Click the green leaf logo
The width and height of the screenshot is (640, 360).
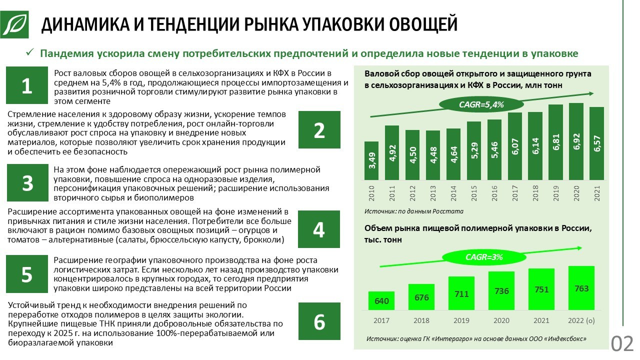click(x=14, y=23)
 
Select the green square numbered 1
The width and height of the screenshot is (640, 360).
click(x=26, y=85)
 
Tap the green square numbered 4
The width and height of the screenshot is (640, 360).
click(x=319, y=229)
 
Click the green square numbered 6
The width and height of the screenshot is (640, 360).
click(x=319, y=321)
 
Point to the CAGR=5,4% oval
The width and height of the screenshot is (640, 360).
click(x=481, y=104)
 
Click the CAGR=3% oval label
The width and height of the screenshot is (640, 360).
click(x=483, y=257)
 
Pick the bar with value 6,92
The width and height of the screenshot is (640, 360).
click(x=576, y=141)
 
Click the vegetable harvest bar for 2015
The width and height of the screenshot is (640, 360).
click(x=473, y=150)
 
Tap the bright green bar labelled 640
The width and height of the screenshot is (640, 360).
click(x=381, y=300)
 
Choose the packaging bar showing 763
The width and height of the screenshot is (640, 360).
click(x=581, y=288)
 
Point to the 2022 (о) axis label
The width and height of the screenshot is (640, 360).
click(x=581, y=320)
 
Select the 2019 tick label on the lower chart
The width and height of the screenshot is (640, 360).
click(x=461, y=320)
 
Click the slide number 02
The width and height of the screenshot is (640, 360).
click(x=622, y=344)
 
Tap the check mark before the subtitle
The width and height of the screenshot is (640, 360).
click(x=30, y=53)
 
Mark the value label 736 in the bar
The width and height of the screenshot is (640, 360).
click(x=501, y=291)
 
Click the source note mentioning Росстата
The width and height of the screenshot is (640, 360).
click(x=413, y=211)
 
